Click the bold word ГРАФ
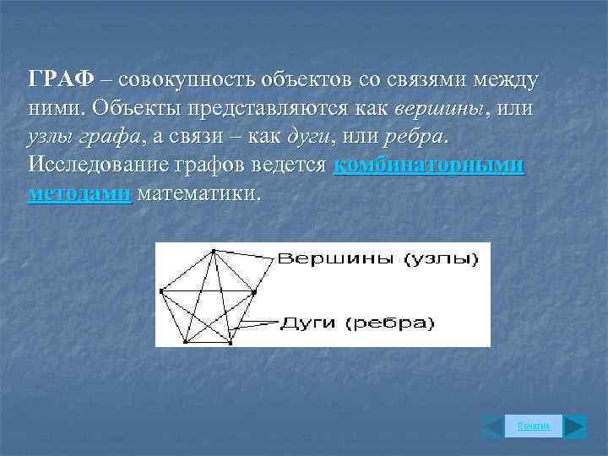(x=60, y=80)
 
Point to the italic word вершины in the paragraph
(x=440, y=109)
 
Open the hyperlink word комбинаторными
(x=429, y=166)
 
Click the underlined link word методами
(x=79, y=194)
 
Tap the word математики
(x=199, y=194)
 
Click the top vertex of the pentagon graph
(x=214, y=251)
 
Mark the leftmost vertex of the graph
(x=161, y=293)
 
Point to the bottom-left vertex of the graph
(x=184, y=343)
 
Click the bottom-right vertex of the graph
(x=231, y=343)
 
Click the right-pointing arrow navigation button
(x=575, y=426)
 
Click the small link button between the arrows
(x=533, y=426)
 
